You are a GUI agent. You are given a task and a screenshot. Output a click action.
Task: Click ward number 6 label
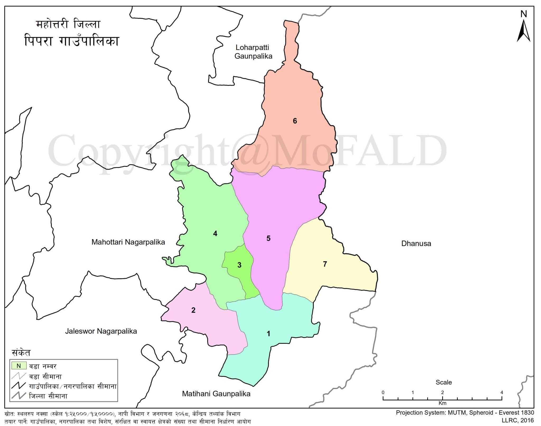[295, 121]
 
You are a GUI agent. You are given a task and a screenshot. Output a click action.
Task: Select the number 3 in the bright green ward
[239, 265]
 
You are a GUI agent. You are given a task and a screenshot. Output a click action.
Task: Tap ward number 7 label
[325, 264]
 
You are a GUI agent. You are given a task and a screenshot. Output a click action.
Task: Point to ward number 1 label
[269, 334]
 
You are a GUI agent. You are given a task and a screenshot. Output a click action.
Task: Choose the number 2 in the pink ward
[193, 310]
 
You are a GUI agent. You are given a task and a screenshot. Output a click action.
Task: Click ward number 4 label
[215, 234]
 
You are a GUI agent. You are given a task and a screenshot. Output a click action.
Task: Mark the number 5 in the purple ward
[268, 238]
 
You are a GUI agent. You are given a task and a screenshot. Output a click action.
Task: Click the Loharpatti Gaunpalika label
[253, 52]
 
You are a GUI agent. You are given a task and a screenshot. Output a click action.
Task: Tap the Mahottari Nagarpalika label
[128, 242]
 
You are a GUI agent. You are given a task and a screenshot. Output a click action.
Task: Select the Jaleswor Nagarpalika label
[101, 331]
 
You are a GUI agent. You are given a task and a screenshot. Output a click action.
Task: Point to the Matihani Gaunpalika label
[216, 394]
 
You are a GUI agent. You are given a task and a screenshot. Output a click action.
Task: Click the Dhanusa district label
[416, 244]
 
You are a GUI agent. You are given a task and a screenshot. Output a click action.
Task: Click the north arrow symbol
[523, 32]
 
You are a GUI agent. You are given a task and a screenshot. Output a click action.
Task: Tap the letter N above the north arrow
[524, 14]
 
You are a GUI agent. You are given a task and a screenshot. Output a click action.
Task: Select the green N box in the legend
[19, 366]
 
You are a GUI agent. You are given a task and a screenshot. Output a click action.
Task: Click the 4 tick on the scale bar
[502, 392]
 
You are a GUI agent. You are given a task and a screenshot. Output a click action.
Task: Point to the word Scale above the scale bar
[444, 382]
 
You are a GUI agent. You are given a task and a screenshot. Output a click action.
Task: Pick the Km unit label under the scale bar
[442, 403]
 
